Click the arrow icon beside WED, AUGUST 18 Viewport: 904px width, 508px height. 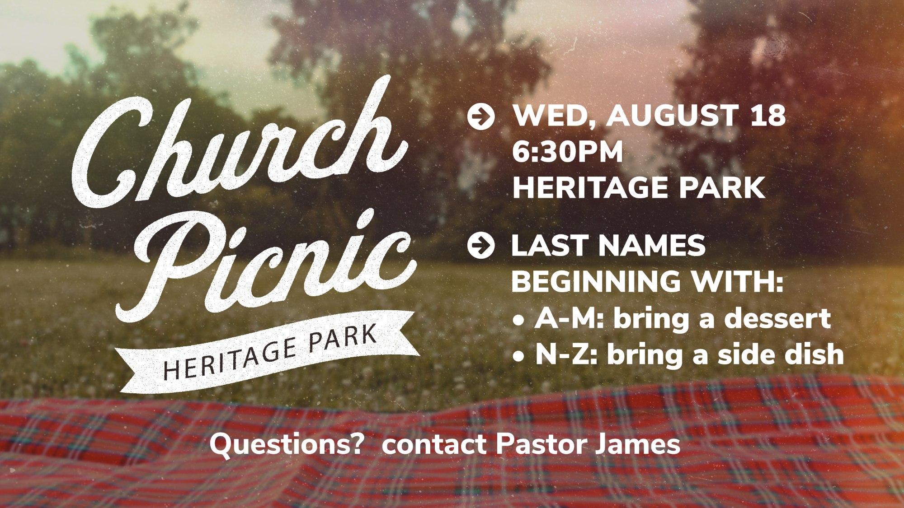point(481,117)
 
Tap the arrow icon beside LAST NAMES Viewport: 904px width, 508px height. point(481,246)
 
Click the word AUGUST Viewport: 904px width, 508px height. point(672,116)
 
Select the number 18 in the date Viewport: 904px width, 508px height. point(768,116)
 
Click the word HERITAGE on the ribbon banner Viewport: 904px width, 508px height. point(230,359)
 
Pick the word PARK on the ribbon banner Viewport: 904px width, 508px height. point(343,337)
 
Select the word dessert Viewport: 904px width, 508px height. point(777,318)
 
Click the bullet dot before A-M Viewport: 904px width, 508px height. point(518,320)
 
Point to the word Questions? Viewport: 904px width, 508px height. point(287,444)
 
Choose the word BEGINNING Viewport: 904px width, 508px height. point(596,282)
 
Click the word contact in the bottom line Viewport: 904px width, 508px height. point(434,444)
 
